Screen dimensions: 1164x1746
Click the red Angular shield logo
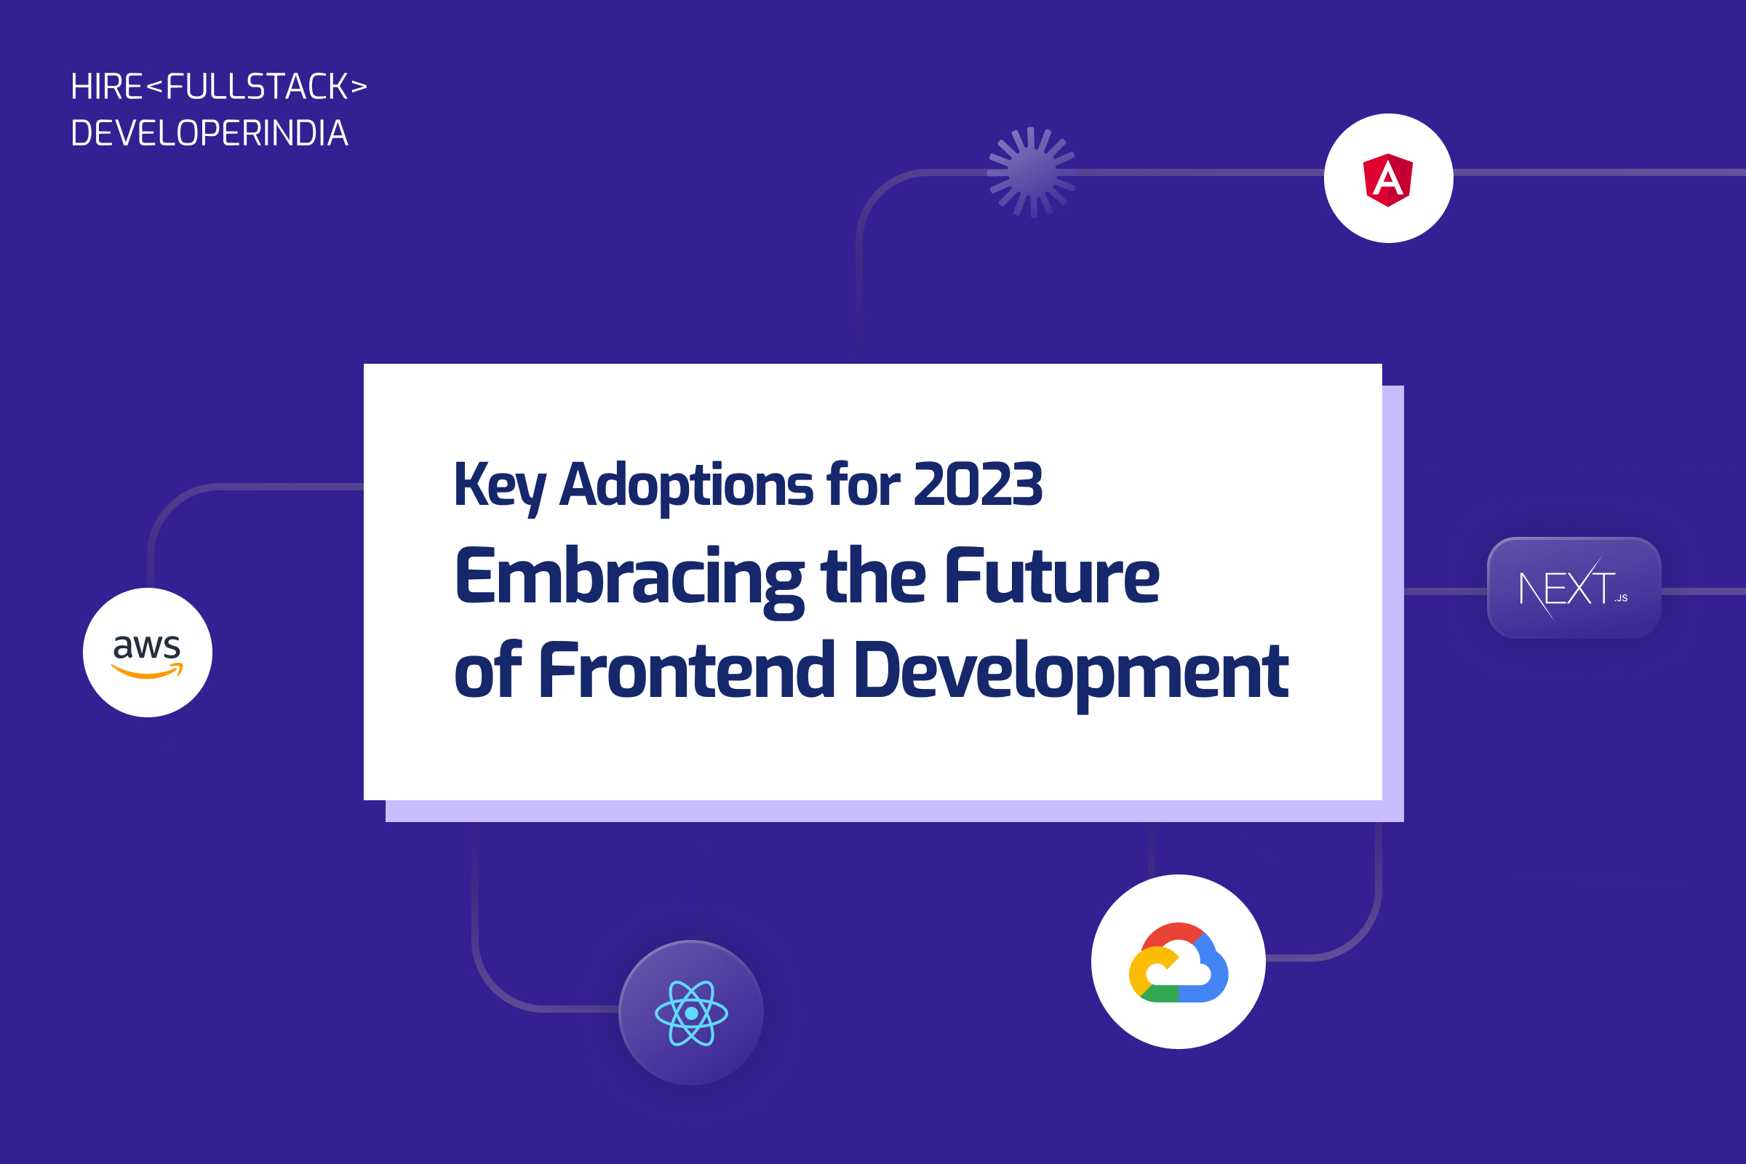1387,179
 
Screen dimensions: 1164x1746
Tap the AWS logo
147,653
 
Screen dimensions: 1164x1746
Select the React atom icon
691,1013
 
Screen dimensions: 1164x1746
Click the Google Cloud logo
1178,962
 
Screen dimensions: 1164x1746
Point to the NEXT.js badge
1574,588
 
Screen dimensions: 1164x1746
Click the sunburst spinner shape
1031,172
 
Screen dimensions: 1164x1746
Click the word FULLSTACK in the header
257,87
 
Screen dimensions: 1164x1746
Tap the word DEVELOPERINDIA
210,134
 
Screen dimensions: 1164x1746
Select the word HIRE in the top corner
106,87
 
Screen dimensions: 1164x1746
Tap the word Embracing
629,578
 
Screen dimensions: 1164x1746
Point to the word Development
1070,671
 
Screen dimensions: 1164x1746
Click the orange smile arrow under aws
147,671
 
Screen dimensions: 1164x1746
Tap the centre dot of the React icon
691,1013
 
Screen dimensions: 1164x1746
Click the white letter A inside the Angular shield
1387,180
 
